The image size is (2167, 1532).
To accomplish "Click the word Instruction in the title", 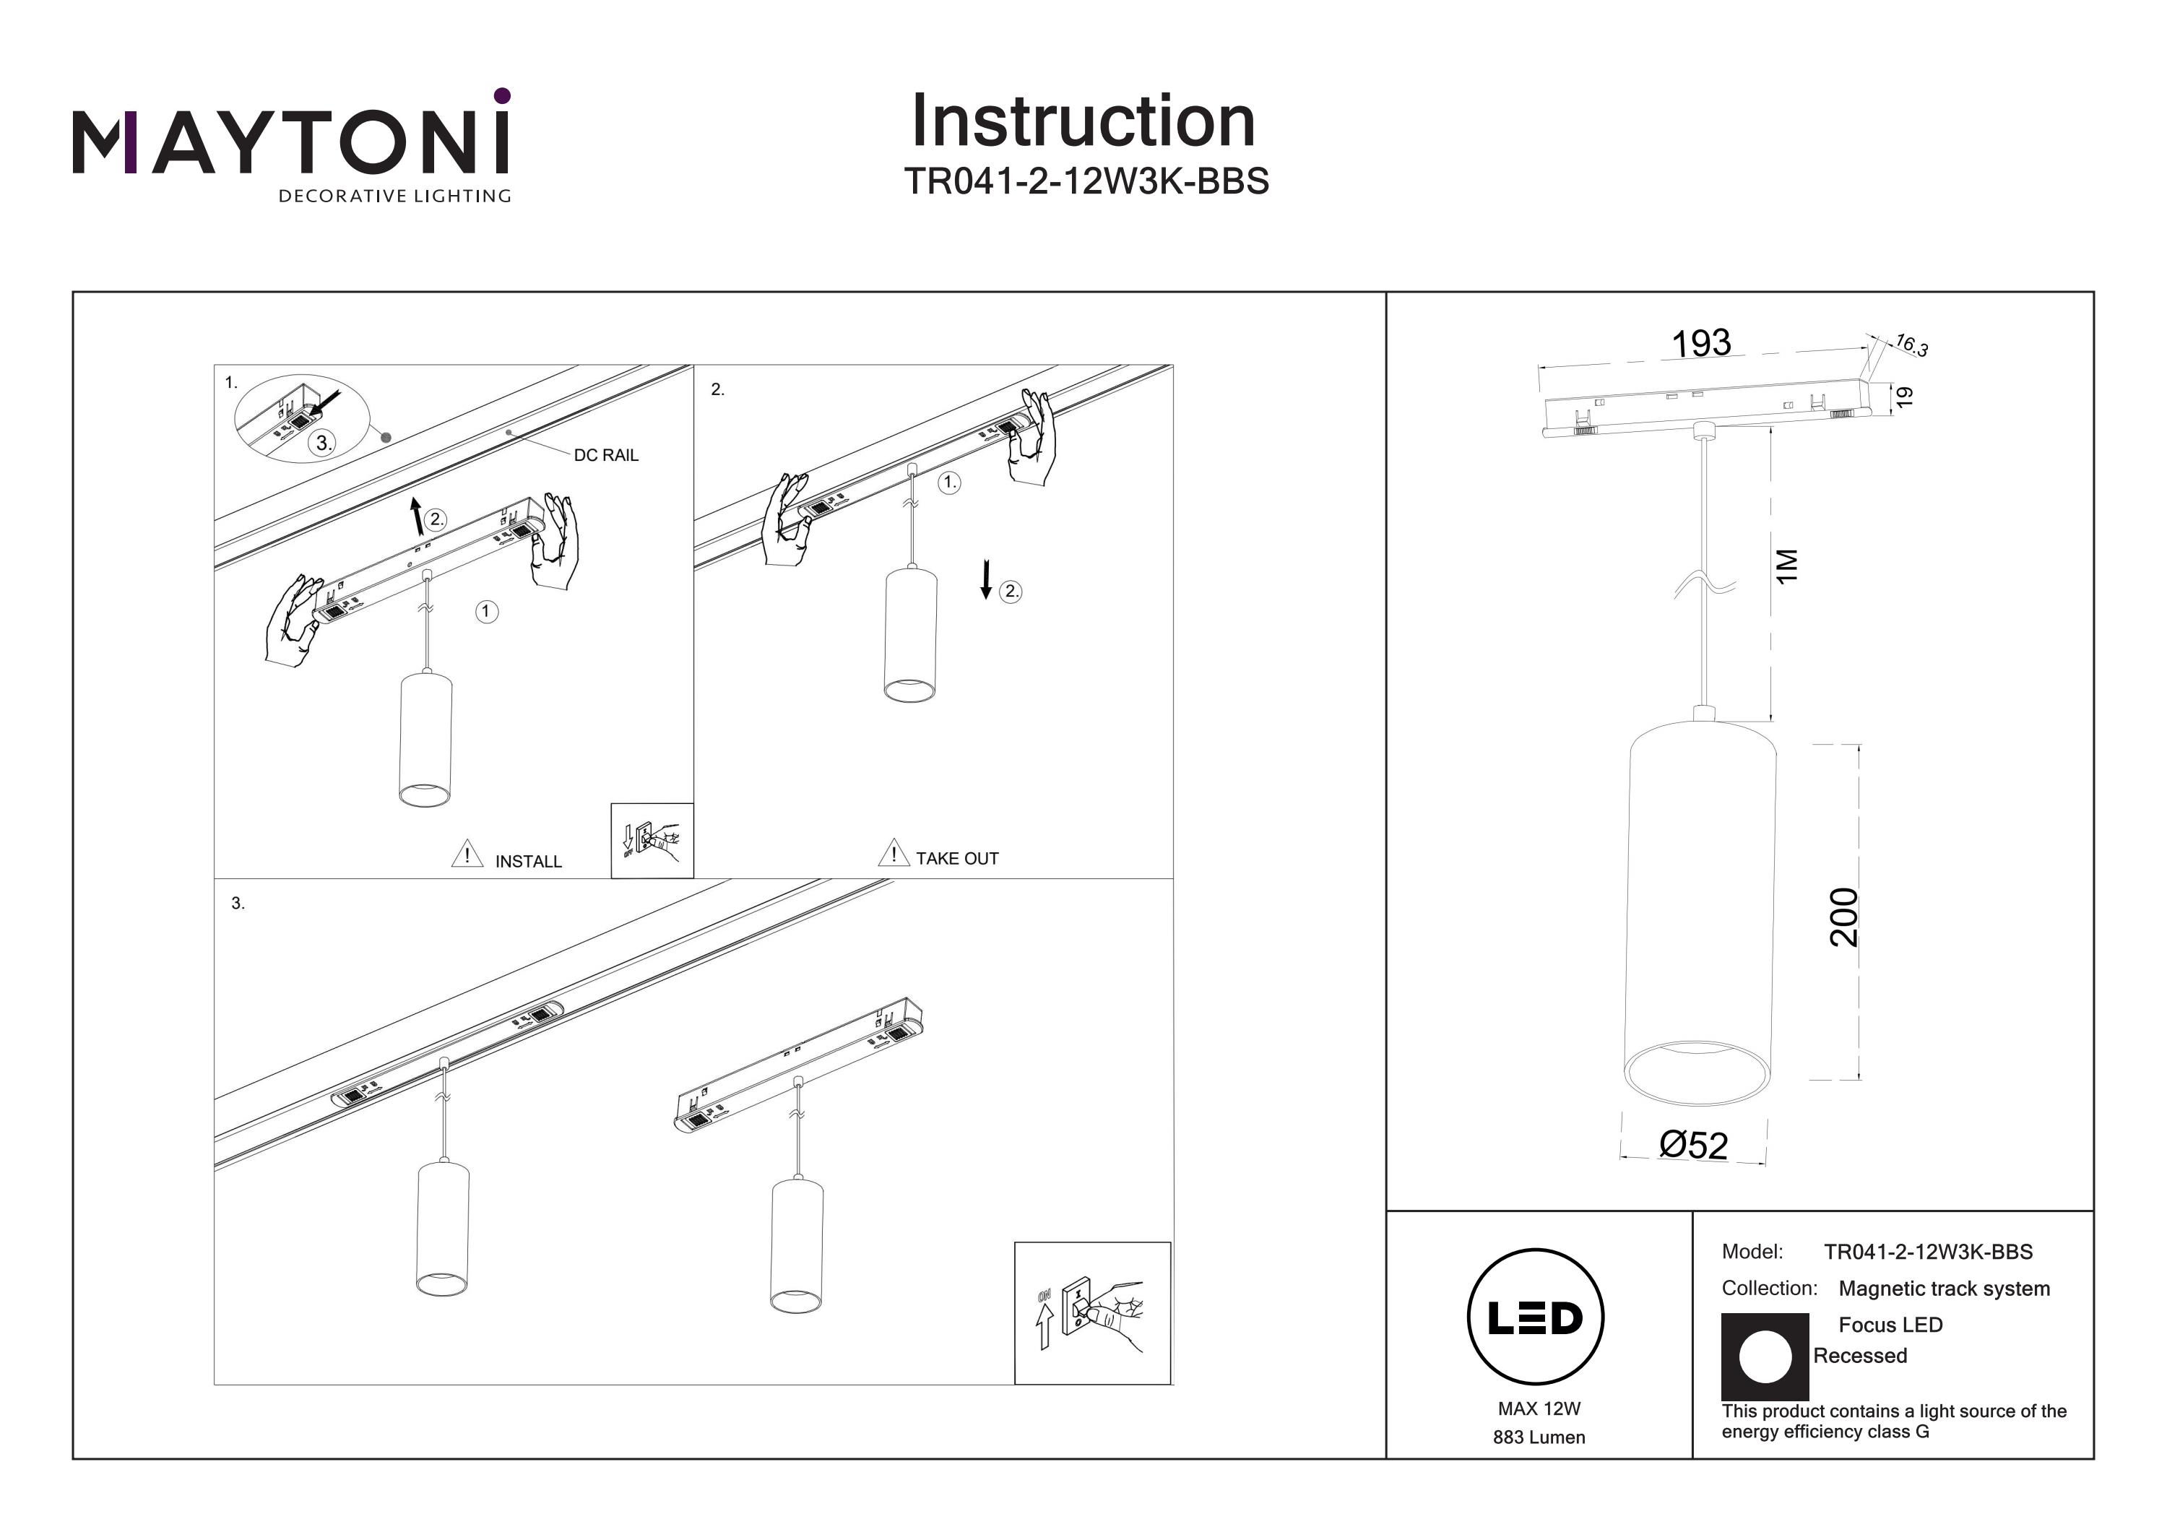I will [x=1083, y=122].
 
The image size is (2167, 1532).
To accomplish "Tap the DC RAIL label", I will [x=606, y=455].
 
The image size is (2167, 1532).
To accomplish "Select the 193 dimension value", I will [x=1701, y=344].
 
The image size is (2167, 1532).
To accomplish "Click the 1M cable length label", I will [x=1786, y=566].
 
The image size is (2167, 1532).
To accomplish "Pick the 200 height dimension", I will [x=1843, y=917].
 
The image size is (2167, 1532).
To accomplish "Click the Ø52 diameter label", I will [x=1694, y=1145].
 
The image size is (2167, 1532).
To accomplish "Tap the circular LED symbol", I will [x=1536, y=1317].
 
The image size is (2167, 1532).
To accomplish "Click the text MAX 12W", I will [x=1539, y=1409].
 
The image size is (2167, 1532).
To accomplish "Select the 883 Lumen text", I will [x=1539, y=1437].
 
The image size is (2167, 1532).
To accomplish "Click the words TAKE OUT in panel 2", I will [x=956, y=859].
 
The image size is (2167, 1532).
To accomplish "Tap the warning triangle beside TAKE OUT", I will [x=893, y=853].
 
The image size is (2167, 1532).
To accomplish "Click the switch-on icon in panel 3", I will [x=1092, y=1313].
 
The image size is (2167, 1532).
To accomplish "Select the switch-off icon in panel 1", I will [x=652, y=840].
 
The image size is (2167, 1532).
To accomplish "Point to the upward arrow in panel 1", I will [x=416, y=517].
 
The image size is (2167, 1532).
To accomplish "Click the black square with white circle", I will [x=1765, y=1356].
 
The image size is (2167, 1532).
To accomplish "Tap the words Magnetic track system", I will [x=1945, y=1289].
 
